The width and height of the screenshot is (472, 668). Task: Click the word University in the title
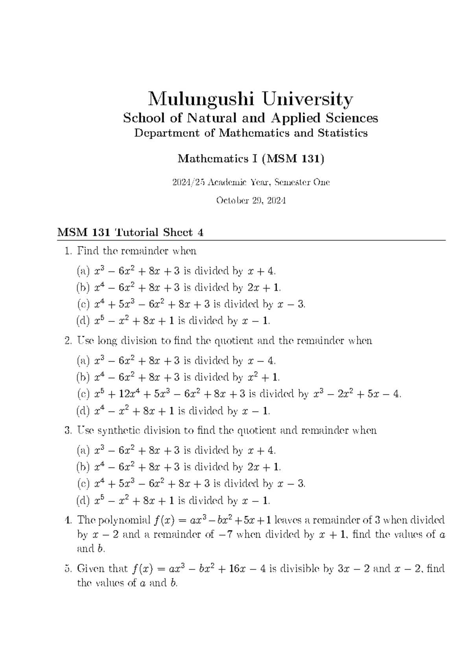click(x=308, y=100)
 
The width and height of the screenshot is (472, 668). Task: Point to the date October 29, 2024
click(x=251, y=200)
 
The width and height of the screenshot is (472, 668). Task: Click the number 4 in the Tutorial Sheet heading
click(x=201, y=232)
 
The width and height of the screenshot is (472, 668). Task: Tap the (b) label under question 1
click(x=83, y=288)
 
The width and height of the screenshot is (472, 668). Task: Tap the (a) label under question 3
click(x=83, y=450)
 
